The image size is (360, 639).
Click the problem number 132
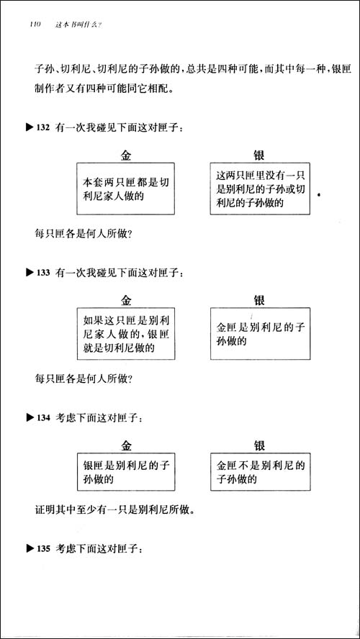click(x=42, y=128)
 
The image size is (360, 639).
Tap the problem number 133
click(x=42, y=273)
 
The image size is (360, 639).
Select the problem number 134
click(x=42, y=417)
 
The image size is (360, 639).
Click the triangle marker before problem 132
click(x=30, y=128)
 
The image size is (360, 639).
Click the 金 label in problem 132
click(x=126, y=155)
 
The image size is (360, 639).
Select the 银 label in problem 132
click(x=259, y=155)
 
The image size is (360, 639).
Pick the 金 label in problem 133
click(x=126, y=300)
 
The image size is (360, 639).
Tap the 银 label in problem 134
click(x=259, y=445)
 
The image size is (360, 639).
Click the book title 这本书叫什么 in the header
click(x=78, y=25)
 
